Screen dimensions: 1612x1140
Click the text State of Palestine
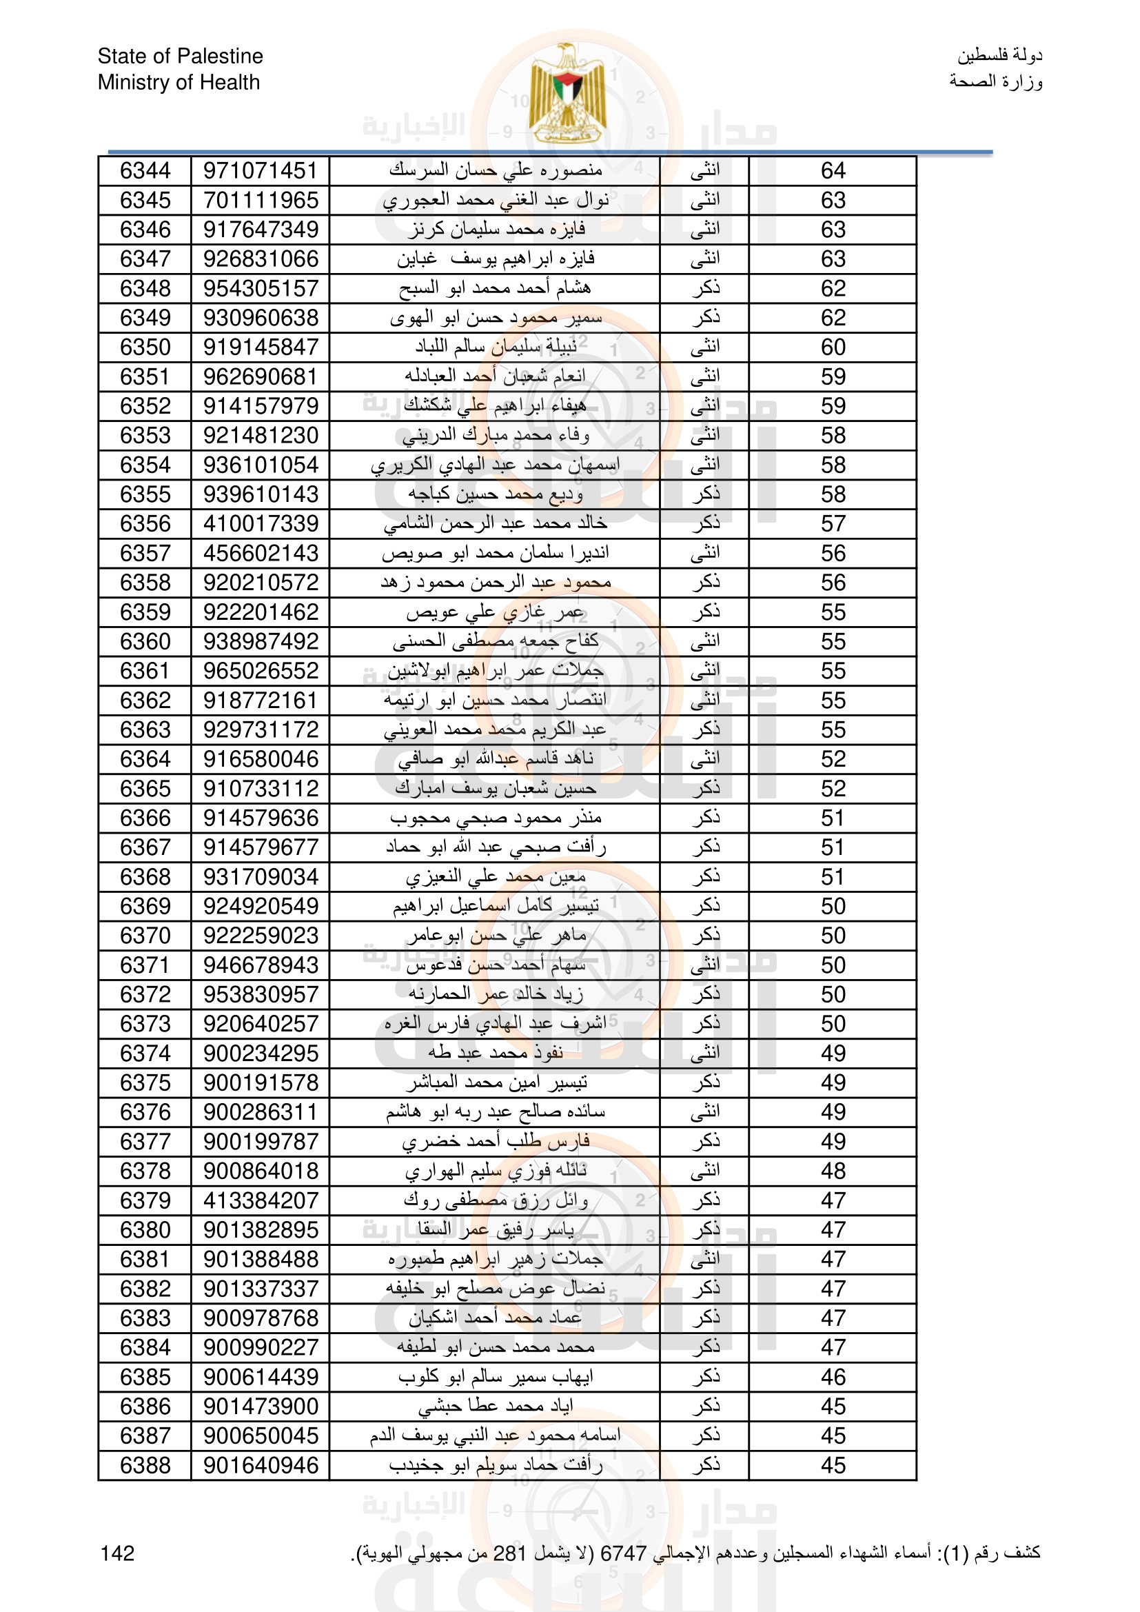181,56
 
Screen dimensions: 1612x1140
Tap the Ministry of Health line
179,82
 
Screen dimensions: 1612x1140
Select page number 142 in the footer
117,1553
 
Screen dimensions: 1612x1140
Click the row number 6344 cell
145,170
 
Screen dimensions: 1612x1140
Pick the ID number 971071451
261,170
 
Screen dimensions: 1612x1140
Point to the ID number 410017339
261,524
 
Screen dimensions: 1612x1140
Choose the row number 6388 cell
145,1465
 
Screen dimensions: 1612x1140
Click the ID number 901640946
261,1465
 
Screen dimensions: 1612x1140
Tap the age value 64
833,170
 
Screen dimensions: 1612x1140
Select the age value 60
833,347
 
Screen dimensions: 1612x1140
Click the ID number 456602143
261,553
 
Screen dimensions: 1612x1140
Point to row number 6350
145,347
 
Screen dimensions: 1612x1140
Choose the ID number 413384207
261,1200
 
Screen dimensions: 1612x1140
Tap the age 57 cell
833,524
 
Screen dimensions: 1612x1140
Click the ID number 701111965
261,200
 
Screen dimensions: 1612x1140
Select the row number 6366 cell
145,818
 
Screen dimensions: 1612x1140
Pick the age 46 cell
833,1377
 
